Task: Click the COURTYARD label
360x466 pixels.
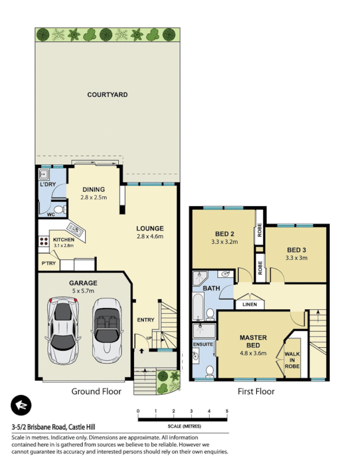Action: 107,94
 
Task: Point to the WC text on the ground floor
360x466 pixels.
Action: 51,214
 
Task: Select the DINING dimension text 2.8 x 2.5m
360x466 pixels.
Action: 93,197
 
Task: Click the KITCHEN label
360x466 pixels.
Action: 63,239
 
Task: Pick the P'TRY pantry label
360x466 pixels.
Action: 48,264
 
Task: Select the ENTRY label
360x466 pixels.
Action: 145,320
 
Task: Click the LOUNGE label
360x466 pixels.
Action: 150,228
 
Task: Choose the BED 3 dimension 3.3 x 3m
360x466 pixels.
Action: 297,257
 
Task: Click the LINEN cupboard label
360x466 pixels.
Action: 250,305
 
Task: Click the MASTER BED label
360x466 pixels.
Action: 253,342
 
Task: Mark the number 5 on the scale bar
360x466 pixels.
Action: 227,411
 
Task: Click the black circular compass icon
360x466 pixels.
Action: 22,405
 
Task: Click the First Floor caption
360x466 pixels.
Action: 255,391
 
